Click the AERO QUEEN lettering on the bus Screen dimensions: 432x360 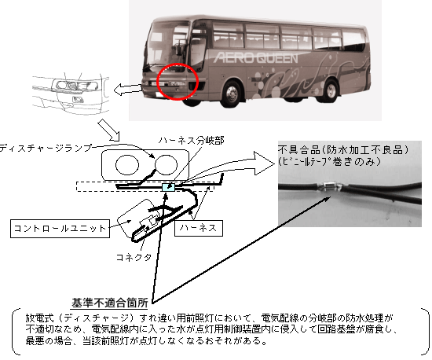(256, 58)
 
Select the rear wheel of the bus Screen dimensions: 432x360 (331, 90)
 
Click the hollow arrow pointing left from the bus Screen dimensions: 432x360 (128, 90)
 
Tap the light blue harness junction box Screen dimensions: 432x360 (168, 187)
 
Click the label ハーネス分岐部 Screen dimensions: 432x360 (191, 141)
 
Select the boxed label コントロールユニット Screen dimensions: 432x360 (60, 228)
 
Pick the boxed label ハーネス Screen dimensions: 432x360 (199, 228)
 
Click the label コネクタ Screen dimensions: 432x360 (134, 257)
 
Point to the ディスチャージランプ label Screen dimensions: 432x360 (46, 148)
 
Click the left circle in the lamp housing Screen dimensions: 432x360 (127, 165)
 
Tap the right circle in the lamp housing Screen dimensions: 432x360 (167, 165)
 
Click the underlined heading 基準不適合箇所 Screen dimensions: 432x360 (110, 303)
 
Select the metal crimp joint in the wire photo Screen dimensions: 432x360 (331, 186)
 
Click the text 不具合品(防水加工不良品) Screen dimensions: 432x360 (343, 149)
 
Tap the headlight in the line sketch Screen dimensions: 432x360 (75, 85)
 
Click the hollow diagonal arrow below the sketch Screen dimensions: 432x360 (109, 130)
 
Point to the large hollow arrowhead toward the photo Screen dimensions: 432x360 (265, 163)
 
